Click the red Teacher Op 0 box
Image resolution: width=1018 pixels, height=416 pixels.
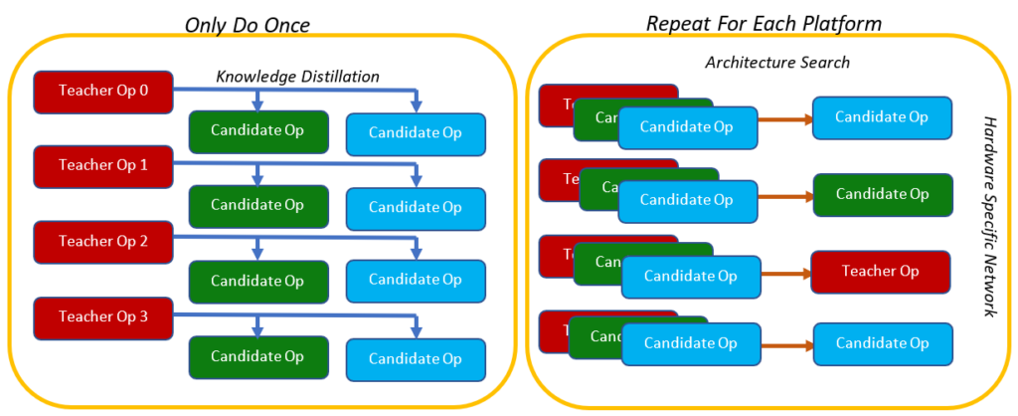tap(103, 91)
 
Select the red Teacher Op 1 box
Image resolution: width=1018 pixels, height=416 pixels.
tap(103, 165)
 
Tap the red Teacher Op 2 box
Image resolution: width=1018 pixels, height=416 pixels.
tap(103, 241)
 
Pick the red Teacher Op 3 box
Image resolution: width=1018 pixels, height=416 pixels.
tap(103, 316)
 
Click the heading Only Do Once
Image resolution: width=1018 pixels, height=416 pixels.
tap(249, 23)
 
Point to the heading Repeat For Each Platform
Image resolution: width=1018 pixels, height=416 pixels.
tap(763, 23)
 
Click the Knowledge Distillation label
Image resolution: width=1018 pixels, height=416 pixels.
tap(298, 76)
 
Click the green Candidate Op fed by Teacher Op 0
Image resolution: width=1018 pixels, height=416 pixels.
tap(257, 131)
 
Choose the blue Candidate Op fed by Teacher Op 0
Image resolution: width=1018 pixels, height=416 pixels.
tap(416, 132)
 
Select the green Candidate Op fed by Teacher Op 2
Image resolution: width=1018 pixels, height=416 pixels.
tap(257, 281)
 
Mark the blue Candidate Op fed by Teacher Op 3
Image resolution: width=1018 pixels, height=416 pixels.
tap(416, 358)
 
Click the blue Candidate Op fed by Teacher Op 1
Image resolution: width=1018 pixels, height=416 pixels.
tap(416, 207)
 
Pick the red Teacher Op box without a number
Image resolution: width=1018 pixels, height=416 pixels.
tap(881, 272)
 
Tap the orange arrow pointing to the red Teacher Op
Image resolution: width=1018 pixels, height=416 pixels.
tap(785, 273)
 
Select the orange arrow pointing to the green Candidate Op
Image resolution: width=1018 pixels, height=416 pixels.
tap(785, 196)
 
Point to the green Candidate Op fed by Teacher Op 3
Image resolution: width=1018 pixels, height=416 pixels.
tap(257, 356)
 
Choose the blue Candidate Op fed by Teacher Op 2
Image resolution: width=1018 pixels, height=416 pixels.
tap(416, 280)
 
